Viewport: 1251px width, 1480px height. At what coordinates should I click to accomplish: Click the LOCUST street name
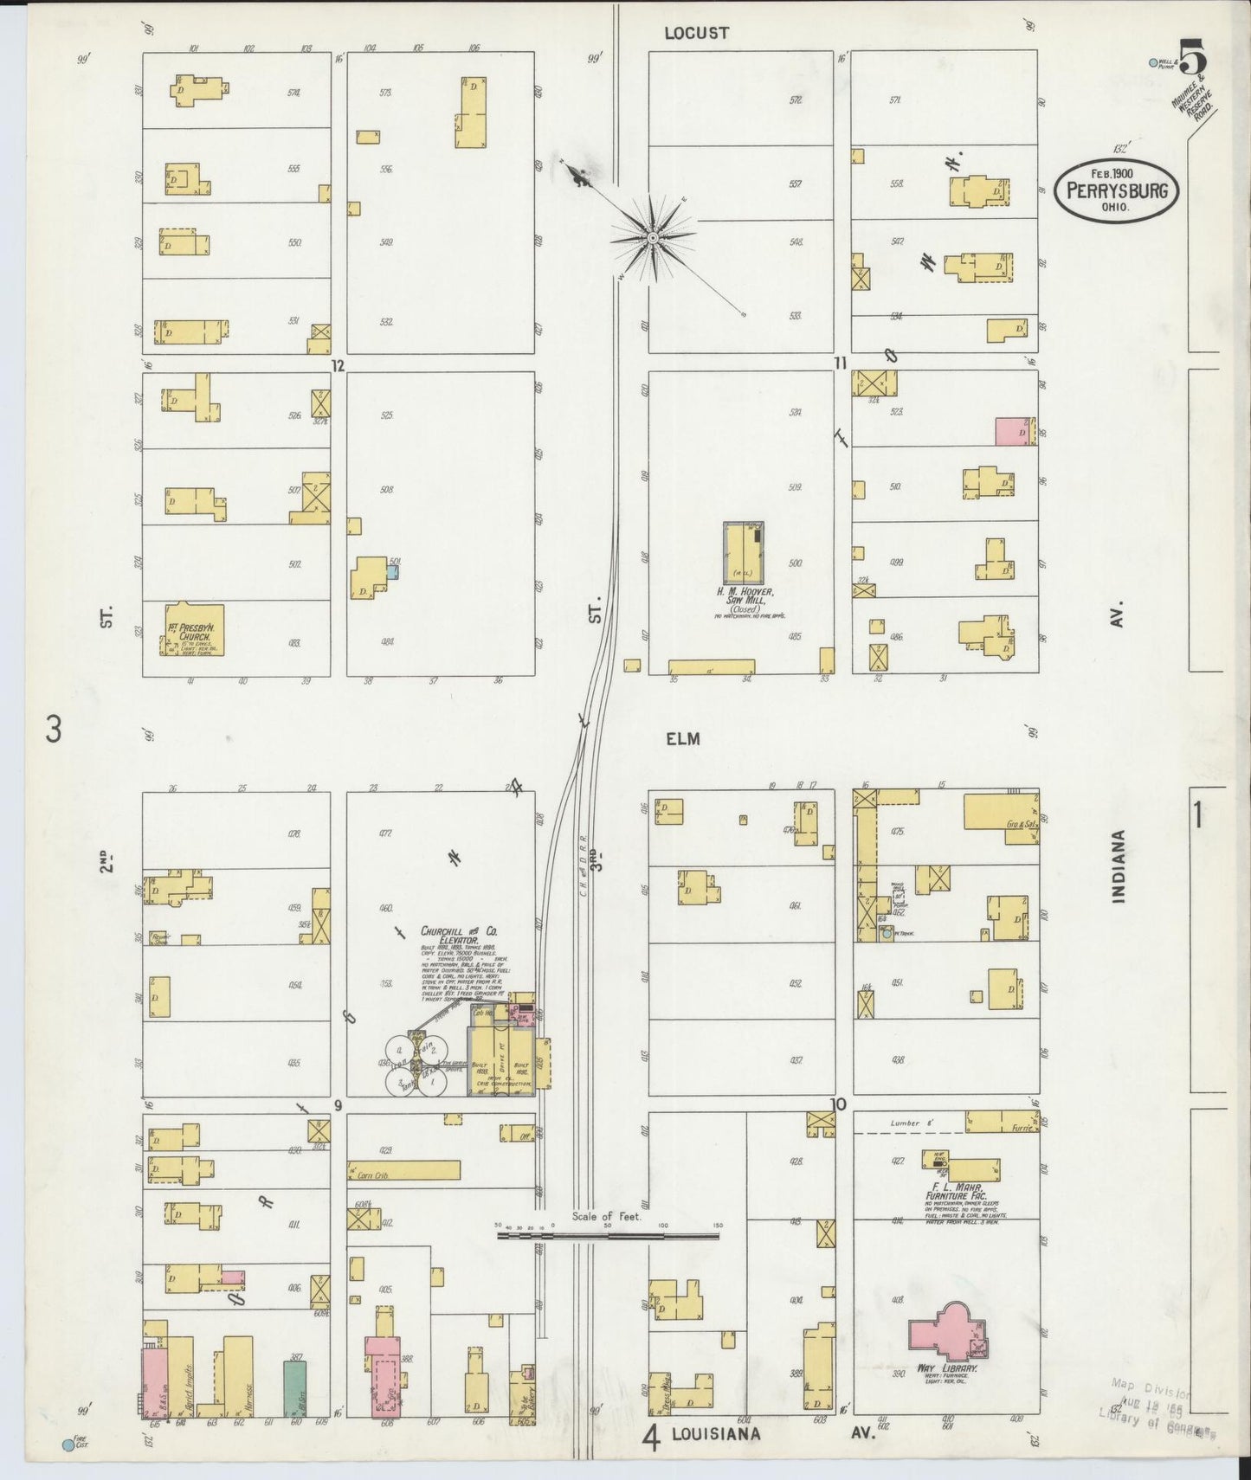click(696, 33)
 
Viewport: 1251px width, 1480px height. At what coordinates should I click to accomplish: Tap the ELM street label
click(682, 738)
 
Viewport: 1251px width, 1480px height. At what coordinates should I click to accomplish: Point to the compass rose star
click(652, 236)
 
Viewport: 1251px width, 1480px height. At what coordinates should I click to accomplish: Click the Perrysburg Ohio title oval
click(1116, 191)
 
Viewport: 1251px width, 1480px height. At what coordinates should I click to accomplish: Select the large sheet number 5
click(1194, 61)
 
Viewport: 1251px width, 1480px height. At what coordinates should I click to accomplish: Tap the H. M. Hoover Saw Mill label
click(743, 597)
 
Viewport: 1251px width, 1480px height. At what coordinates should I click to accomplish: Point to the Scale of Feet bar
click(608, 1234)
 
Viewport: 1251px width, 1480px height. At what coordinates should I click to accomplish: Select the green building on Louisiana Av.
click(295, 1387)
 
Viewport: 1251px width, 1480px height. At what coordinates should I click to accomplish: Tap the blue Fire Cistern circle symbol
click(68, 1445)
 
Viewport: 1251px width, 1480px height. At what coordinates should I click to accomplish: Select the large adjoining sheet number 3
click(54, 731)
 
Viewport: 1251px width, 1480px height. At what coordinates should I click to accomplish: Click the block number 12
click(338, 366)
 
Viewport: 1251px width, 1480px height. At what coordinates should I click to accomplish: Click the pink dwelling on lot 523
click(1011, 431)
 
